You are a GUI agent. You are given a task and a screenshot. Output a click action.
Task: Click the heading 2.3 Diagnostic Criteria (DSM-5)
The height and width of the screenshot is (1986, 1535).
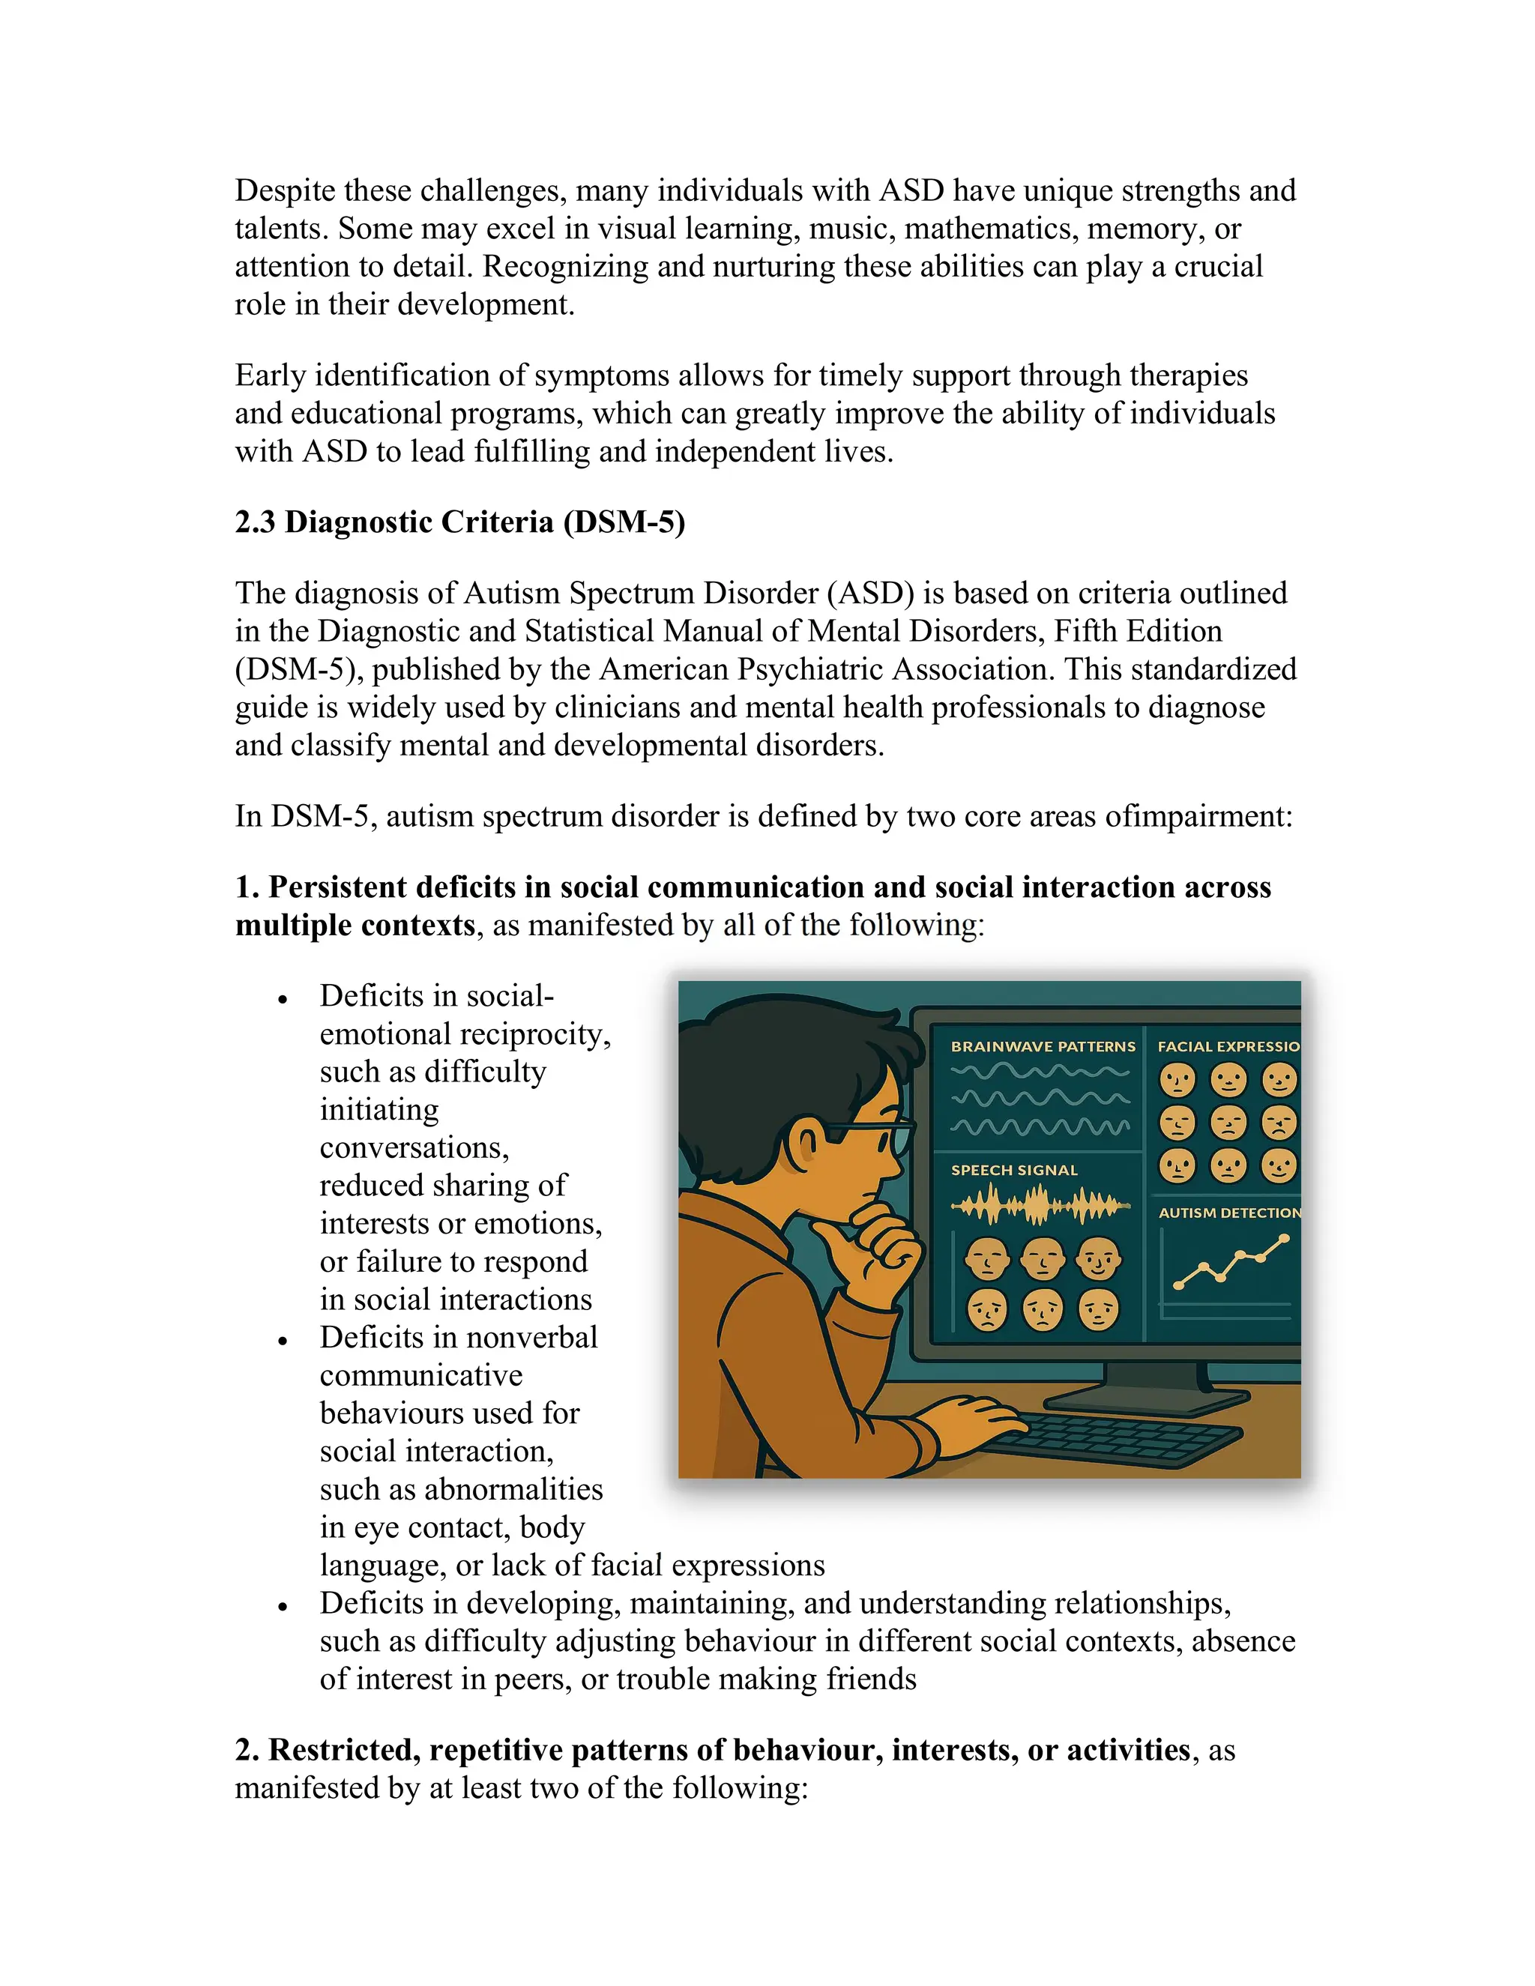[x=459, y=522]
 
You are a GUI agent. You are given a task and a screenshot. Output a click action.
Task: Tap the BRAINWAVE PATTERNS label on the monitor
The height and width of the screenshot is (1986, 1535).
[x=1042, y=1047]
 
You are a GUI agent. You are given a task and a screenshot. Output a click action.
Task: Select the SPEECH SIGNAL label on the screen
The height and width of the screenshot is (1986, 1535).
[x=1013, y=1171]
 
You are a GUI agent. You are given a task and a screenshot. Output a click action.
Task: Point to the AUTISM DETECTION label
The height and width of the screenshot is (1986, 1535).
[x=1228, y=1213]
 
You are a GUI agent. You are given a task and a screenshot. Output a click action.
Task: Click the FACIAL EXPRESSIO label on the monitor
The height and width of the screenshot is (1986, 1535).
[x=1228, y=1047]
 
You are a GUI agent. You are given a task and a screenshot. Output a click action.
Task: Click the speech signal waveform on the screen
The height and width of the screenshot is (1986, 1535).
[x=1040, y=1207]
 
